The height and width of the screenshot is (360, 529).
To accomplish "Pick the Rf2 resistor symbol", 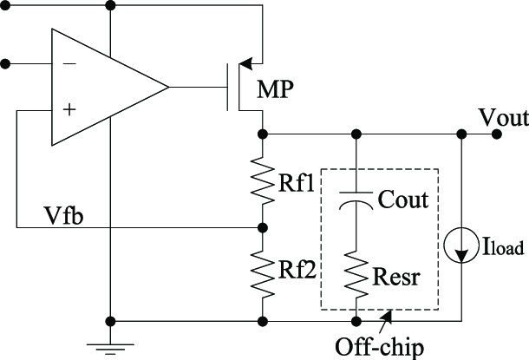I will point(263,272).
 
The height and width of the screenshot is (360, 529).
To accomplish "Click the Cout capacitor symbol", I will point(355,200).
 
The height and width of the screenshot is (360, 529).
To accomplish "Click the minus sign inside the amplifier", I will point(69,64).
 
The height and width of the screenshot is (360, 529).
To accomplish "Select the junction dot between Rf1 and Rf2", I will point(263,228).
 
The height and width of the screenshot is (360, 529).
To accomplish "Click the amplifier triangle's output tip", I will point(168,88).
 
